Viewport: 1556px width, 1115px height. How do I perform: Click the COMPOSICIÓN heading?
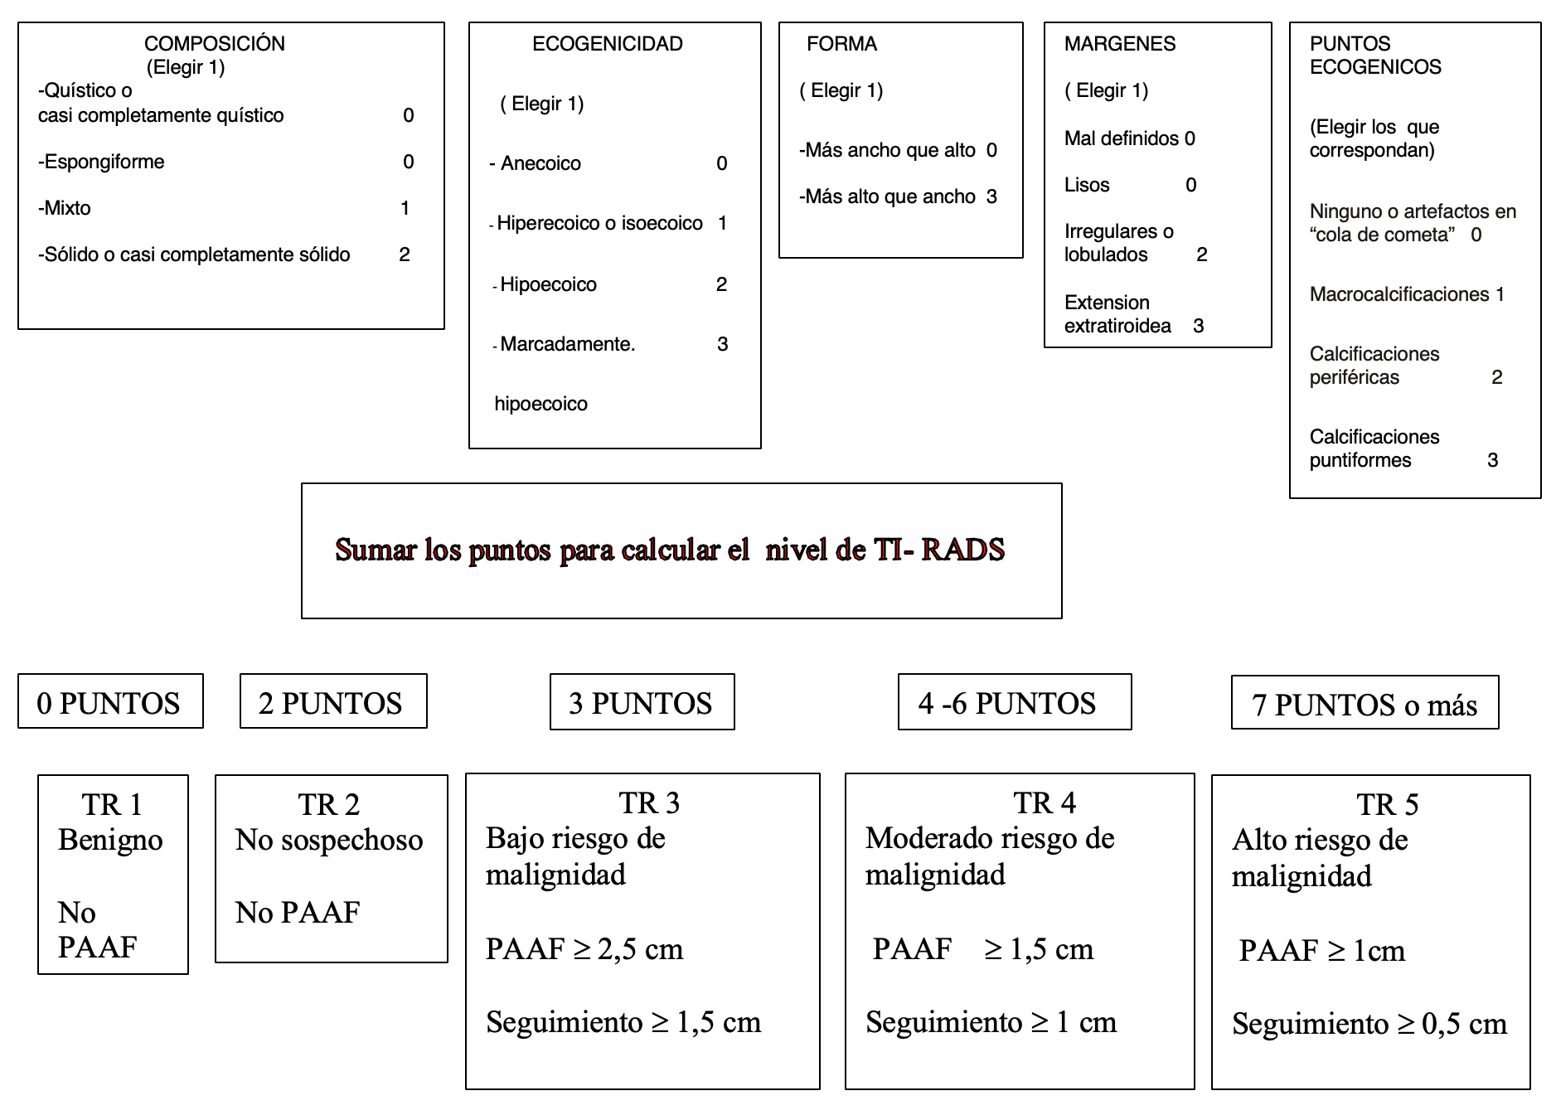214,44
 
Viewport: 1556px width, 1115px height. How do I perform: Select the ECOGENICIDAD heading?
607,44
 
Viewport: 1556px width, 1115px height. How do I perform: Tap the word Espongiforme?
104,162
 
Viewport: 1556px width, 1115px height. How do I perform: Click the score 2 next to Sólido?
405,255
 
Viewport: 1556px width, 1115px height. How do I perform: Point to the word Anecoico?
540,163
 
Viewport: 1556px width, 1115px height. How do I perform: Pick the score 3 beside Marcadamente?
722,344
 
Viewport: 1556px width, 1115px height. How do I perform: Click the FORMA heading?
841,44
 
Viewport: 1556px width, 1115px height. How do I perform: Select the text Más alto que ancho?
889,196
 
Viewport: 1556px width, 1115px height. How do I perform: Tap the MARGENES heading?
1119,44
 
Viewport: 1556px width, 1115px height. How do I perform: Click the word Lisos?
1086,185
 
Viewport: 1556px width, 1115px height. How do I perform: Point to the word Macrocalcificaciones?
1398,294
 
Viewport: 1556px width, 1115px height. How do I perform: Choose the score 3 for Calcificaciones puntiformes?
1492,460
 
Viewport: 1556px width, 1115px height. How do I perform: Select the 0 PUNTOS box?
109,702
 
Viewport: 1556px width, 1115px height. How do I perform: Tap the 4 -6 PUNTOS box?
1014,702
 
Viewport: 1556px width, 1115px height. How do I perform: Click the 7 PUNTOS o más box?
1365,704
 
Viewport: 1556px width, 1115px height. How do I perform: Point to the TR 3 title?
649,802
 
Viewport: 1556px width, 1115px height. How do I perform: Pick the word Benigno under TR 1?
110,840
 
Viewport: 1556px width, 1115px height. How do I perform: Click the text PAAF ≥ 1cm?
1321,950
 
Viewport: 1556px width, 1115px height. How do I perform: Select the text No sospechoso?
329,840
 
